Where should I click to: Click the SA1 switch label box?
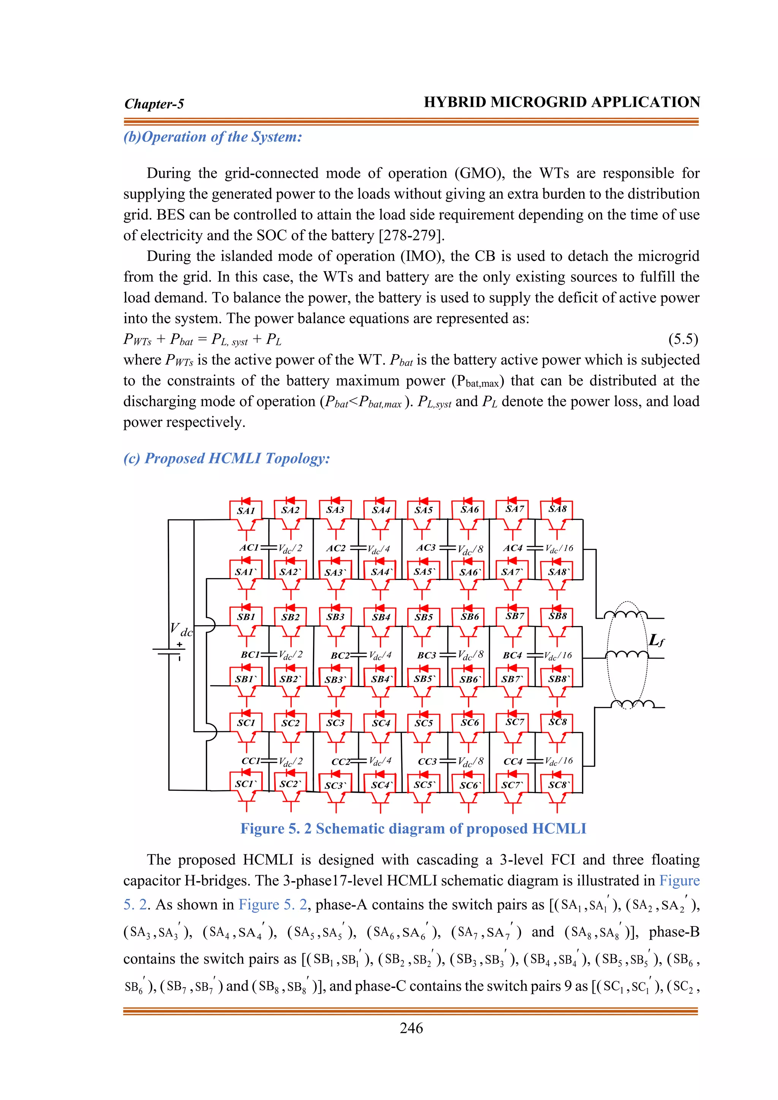point(246,511)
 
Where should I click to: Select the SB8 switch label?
point(557,616)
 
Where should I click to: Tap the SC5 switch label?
point(424,723)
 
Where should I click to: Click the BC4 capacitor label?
point(512,655)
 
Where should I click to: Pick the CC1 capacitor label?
point(251,761)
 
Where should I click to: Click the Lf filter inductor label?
point(656,640)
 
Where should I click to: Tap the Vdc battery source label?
point(181,629)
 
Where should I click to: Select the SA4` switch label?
point(381,572)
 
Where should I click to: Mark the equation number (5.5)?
point(683,339)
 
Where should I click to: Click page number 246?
point(411,1028)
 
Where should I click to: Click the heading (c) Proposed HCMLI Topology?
point(226,458)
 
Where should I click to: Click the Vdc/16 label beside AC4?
point(559,548)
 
